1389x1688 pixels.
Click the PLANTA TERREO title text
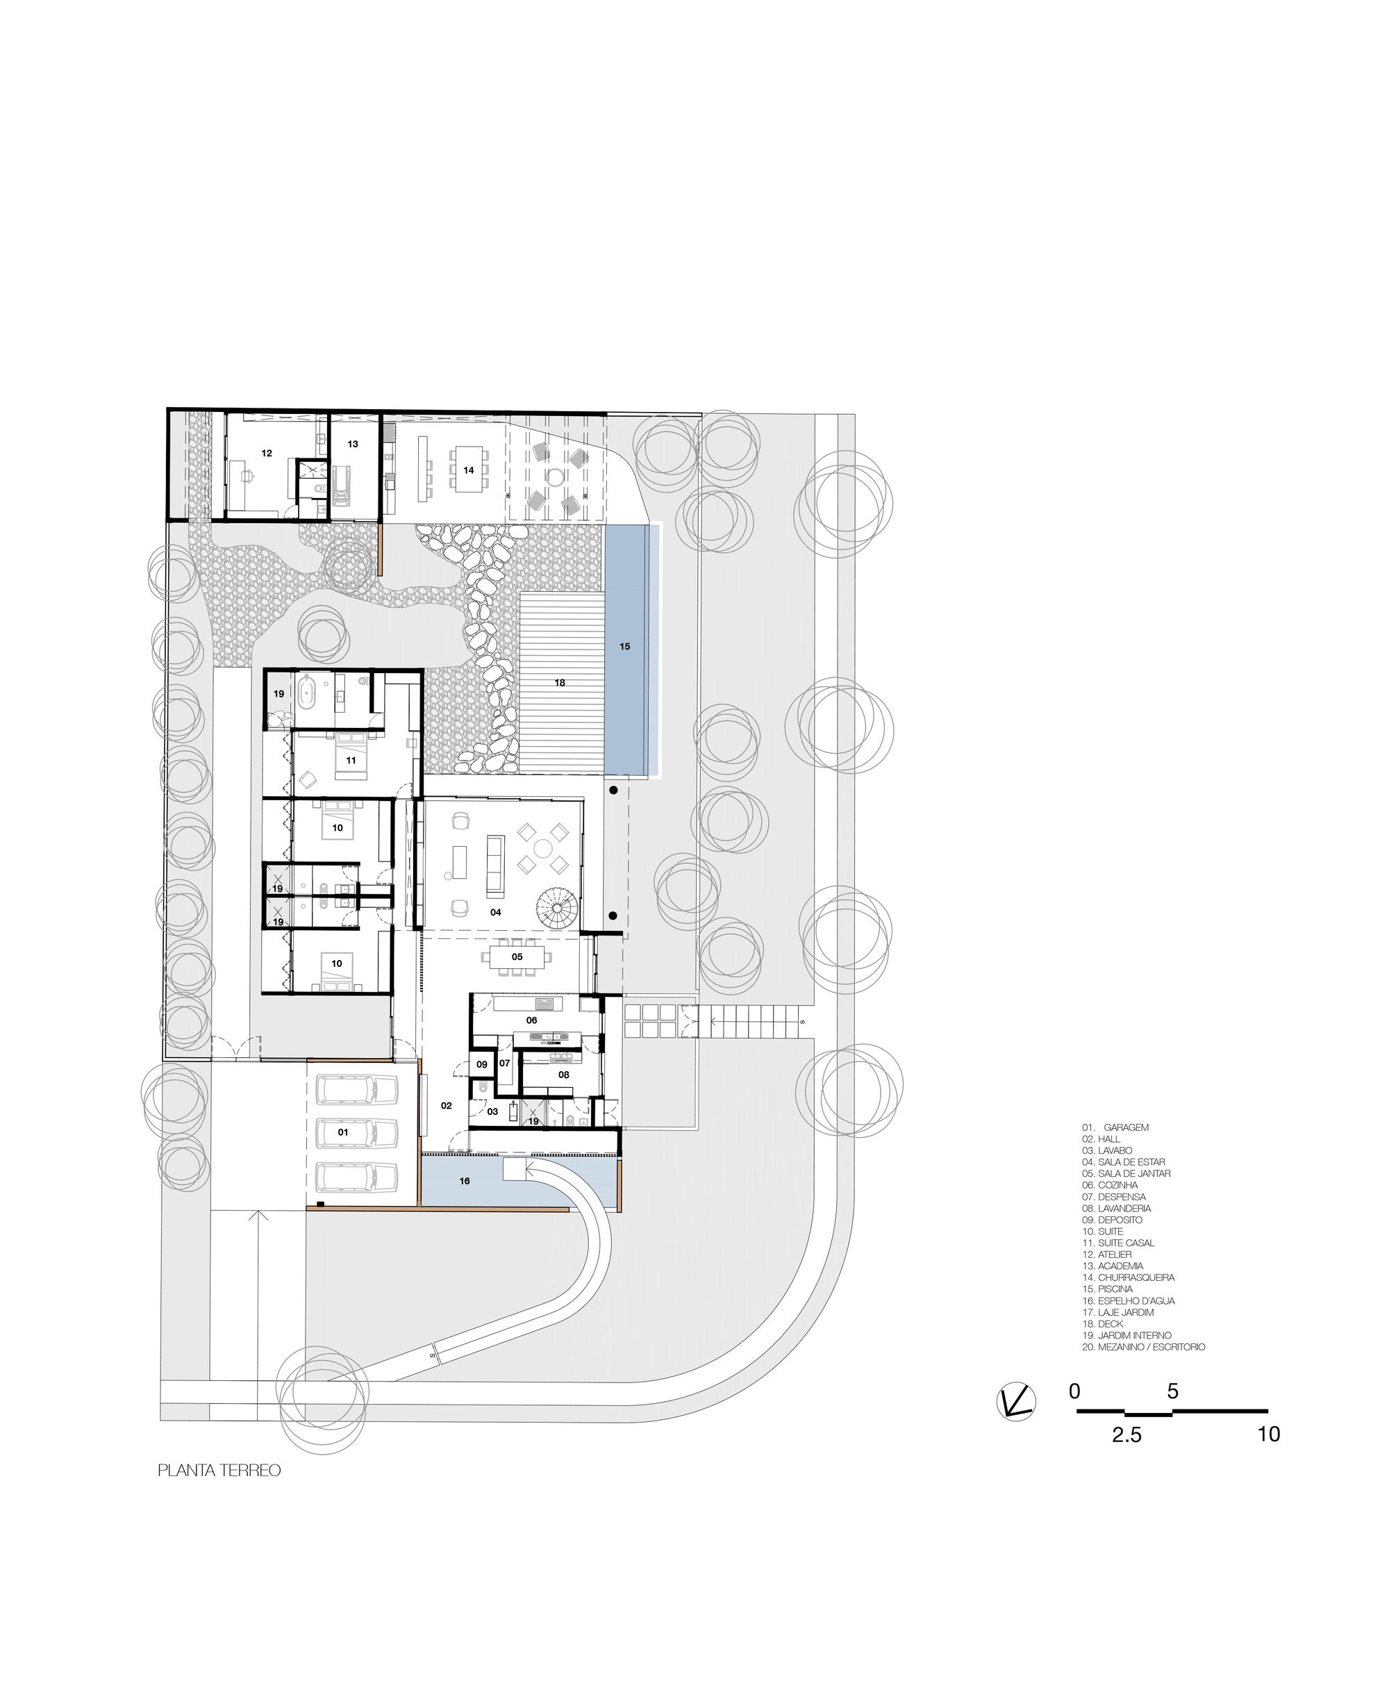click(219, 1471)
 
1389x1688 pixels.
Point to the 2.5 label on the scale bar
click(1126, 1435)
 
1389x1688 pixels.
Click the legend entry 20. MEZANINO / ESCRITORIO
click(1143, 1347)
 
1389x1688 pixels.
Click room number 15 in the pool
click(625, 646)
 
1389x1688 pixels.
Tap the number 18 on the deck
click(560, 683)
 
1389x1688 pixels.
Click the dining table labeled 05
click(517, 957)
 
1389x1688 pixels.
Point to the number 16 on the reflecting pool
click(465, 1181)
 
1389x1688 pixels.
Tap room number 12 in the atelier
click(267, 453)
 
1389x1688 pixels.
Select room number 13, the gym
click(353, 443)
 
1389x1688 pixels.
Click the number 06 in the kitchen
click(531, 1020)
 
